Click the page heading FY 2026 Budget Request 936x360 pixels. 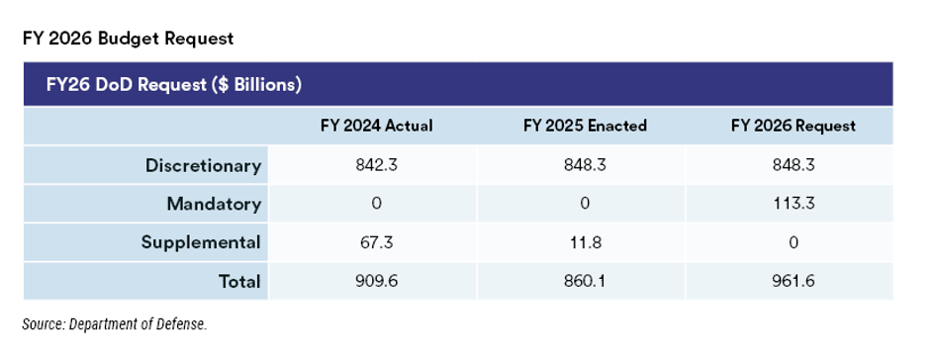point(128,39)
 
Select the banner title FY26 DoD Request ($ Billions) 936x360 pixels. point(174,85)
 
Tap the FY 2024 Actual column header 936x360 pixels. point(376,126)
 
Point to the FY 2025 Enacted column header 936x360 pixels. point(585,126)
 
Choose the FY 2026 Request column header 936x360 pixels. point(794,126)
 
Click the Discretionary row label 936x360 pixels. point(203,165)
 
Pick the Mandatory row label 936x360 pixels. point(214,204)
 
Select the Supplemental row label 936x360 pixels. point(201,242)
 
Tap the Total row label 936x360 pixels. point(239,281)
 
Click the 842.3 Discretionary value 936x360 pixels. point(376,165)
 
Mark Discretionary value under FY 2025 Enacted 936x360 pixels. point(585,165)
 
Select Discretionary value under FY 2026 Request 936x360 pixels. point(794,165)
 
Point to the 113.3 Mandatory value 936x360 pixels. point(794,204)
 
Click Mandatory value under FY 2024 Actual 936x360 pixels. point(376,204)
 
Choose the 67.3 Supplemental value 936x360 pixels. point(376,242)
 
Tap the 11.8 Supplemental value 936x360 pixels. point(585,242)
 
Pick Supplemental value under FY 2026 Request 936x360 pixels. point(794,242)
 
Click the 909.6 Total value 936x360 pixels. point(376,281)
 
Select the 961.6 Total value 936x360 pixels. point(794,281)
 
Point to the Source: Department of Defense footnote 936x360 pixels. point(115,324)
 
